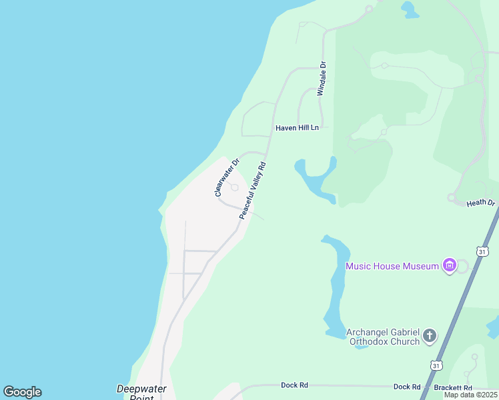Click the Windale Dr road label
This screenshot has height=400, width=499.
point(322,79)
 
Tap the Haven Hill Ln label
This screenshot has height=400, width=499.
point(298,127)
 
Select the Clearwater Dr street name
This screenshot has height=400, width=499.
point(225,177)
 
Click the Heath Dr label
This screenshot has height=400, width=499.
point(480,203)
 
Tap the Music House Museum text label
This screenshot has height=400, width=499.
point(392,267)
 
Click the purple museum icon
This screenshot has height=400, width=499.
point(450,267)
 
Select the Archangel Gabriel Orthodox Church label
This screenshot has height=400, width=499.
point(383,337)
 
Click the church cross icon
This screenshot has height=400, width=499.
point(430,335)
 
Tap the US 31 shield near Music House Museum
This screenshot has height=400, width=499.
point(483,251)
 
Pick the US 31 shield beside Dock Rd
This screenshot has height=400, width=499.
point(436,365)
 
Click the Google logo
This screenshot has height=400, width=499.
point(22,392)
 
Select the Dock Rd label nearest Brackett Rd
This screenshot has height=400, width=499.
point(406,387)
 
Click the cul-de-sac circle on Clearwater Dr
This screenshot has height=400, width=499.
point(234,187)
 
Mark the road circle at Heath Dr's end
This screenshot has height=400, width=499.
point(452,197)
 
